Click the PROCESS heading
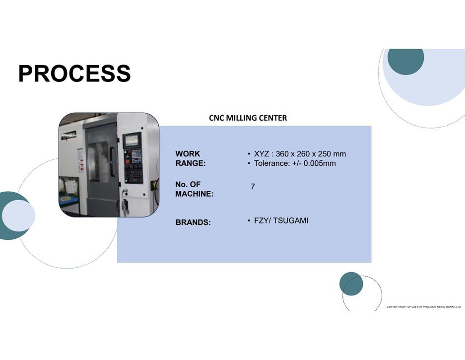(74, 73)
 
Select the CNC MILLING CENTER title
(248, 118)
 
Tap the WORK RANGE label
(191, 158)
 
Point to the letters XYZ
(262, 154)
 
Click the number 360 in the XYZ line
(282, 154)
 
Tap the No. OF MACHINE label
(194, 189)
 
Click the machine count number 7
(253, 186)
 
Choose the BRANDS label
(193, 222)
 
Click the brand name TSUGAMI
(291, 220)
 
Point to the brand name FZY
(261, 220)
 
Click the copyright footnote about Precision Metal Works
(424, 307)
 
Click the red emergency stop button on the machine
(128, 162)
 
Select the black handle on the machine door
(112, 161)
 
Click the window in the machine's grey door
(98, 161)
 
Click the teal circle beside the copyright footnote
(351, 284)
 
